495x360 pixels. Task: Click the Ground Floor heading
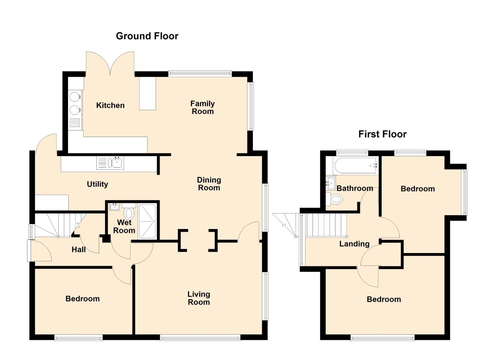147,36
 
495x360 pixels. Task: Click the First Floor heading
382,134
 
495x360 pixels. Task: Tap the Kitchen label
110,105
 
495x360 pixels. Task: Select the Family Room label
203,107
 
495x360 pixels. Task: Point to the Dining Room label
209,184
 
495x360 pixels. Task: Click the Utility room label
97,184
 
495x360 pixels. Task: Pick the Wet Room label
124,227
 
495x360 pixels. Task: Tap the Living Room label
199,298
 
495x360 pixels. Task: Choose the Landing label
354,244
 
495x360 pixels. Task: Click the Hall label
78,250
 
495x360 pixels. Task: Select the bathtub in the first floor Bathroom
356,166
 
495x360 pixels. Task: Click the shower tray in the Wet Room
147,221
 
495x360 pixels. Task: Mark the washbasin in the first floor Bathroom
331,183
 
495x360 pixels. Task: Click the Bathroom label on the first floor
355,188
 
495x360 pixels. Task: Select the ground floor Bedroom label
82,299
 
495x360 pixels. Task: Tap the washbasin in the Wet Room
114,207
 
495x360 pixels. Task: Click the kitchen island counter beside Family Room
147,93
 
